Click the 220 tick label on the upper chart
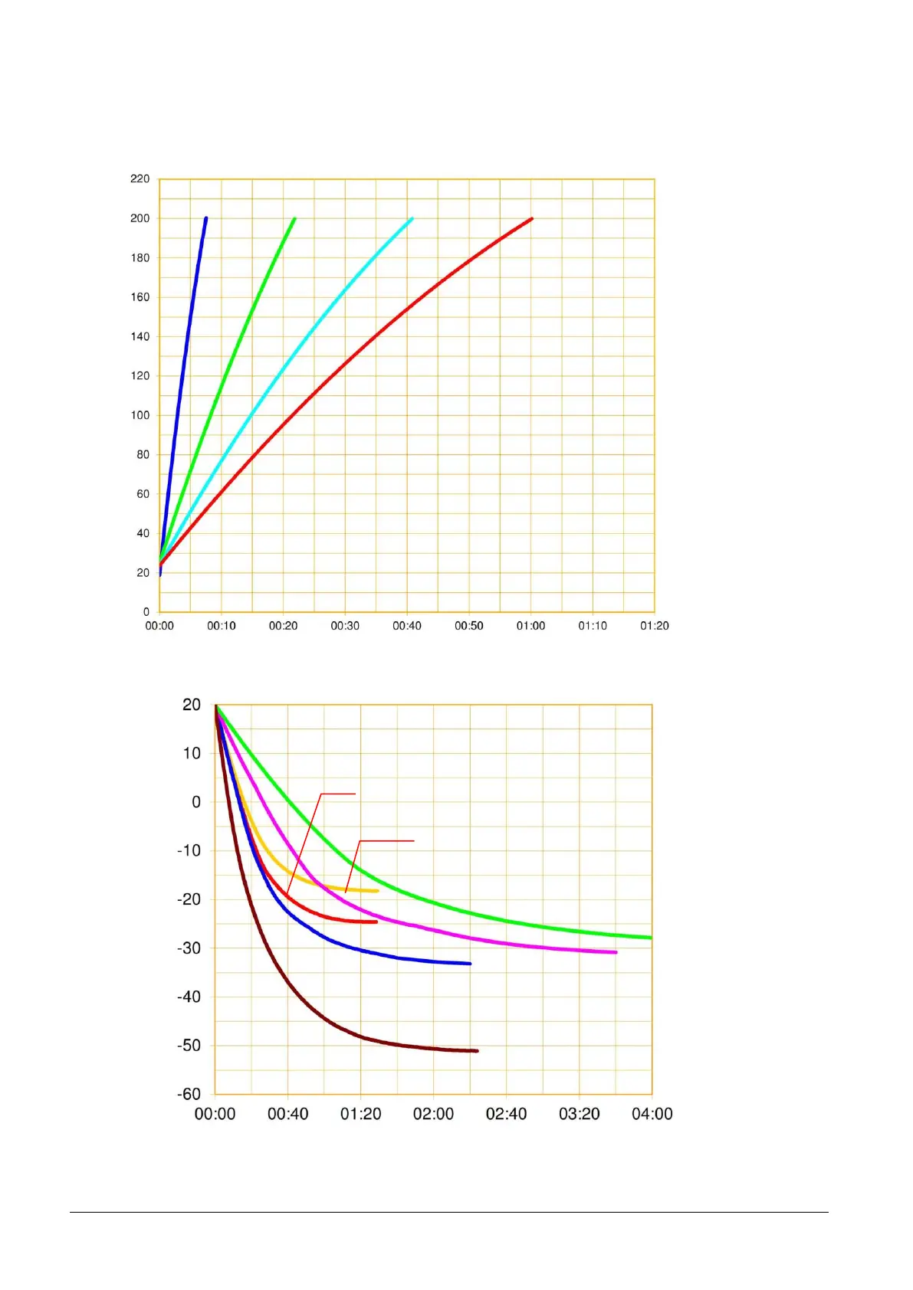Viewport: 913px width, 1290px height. pyautogui.click(x=140, y=178)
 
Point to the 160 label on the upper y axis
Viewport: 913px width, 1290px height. pyautogui.click(x=140, y=297)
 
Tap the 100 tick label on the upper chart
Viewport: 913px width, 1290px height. pyautogui.click(x=140, y=415)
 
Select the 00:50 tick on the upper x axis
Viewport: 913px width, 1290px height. pyautogui.click(x=468, y=626)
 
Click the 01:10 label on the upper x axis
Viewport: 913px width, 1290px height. pyautogui.click(x=593, y=626)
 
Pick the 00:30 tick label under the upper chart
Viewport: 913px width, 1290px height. pyautogui.click(x=345, y=626)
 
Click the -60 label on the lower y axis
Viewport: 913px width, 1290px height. pyautogui.click(x=189, y=1094)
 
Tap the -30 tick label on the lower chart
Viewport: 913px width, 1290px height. pyautogui.click(x=189, y=948)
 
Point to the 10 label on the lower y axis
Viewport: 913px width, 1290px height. pyautogui.click(x=192, y=753)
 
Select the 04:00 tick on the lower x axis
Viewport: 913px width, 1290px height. pyautogui.click(x=652, y=1114)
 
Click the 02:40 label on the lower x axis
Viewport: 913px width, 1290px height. pyautogui.click(x=506, y=1114)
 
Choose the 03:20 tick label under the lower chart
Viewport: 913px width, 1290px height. pyautogui.click(x=579, y=1114)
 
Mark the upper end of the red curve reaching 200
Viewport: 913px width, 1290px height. pyautogui.click(x=531, y=219)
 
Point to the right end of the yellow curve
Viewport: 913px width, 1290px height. pyautogui.click(x=377, y=891)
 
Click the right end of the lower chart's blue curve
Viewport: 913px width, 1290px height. pyautogui.click(x=470, y=964)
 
